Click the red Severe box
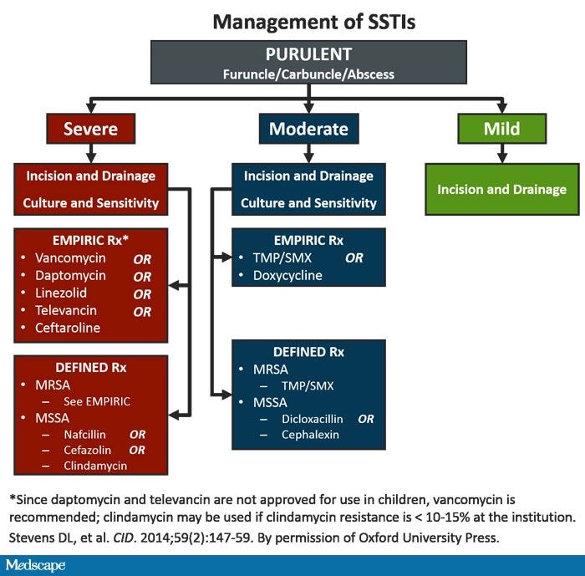[90, 129]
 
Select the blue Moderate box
[309, 129]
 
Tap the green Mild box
[501, 129]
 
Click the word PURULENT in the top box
[308, 54]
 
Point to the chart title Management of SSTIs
[313, 22]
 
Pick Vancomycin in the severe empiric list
[70, 258]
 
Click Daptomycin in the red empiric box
[70, 276]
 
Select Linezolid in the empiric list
[61, 293]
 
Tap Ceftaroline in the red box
[68, 329]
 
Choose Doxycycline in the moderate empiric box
[287, 276]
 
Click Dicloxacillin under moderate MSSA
[312, 419]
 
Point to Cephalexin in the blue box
[310, 435]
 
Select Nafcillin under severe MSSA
[84, 435]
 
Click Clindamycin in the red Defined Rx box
[95, 466]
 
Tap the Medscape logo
[35, 565]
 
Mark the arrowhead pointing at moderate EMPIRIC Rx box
[226, 257]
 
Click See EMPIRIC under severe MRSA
[97, 401]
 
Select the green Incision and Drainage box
[502, 189]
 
